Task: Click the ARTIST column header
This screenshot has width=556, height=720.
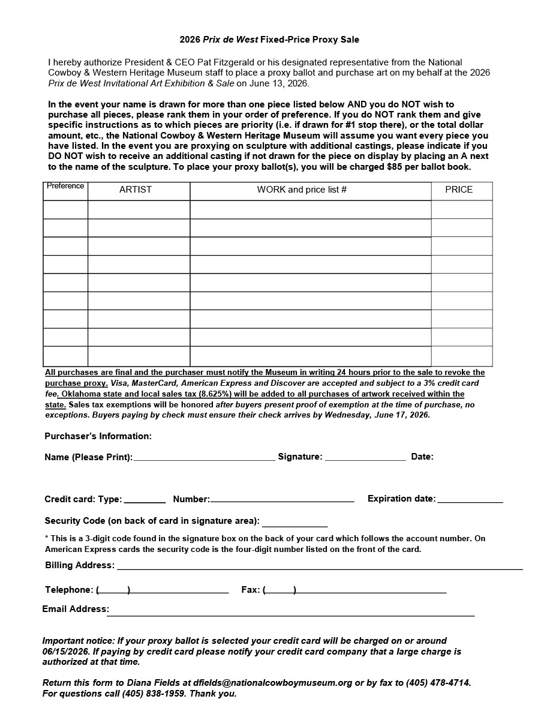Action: tap(136, 190)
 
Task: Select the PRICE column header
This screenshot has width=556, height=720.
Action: tap(459, 190)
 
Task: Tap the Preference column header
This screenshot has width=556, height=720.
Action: tap(65, 186)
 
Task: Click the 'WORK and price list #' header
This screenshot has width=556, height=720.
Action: tap(302, 190)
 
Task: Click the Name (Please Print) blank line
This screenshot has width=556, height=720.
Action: tap(204, 458)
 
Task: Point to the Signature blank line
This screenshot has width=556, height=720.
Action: tap(365, 458)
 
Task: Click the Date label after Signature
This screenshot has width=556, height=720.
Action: tap(422, 457)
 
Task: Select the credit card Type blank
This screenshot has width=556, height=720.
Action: tap(145, 500)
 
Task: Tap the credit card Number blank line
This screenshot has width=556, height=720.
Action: tap(282, 500)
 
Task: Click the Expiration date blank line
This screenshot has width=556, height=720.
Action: tap(470, 500)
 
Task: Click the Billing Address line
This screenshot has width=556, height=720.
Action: tap(319, 568)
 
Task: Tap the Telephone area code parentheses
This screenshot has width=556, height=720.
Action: tap(113, 590)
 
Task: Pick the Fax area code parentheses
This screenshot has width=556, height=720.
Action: tap(279, 590)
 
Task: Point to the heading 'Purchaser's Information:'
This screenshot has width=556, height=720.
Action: tap(98, 436)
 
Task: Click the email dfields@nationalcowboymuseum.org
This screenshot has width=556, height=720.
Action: tap(273, 683)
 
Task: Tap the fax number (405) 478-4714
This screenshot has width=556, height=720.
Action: tap(438, 683)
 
